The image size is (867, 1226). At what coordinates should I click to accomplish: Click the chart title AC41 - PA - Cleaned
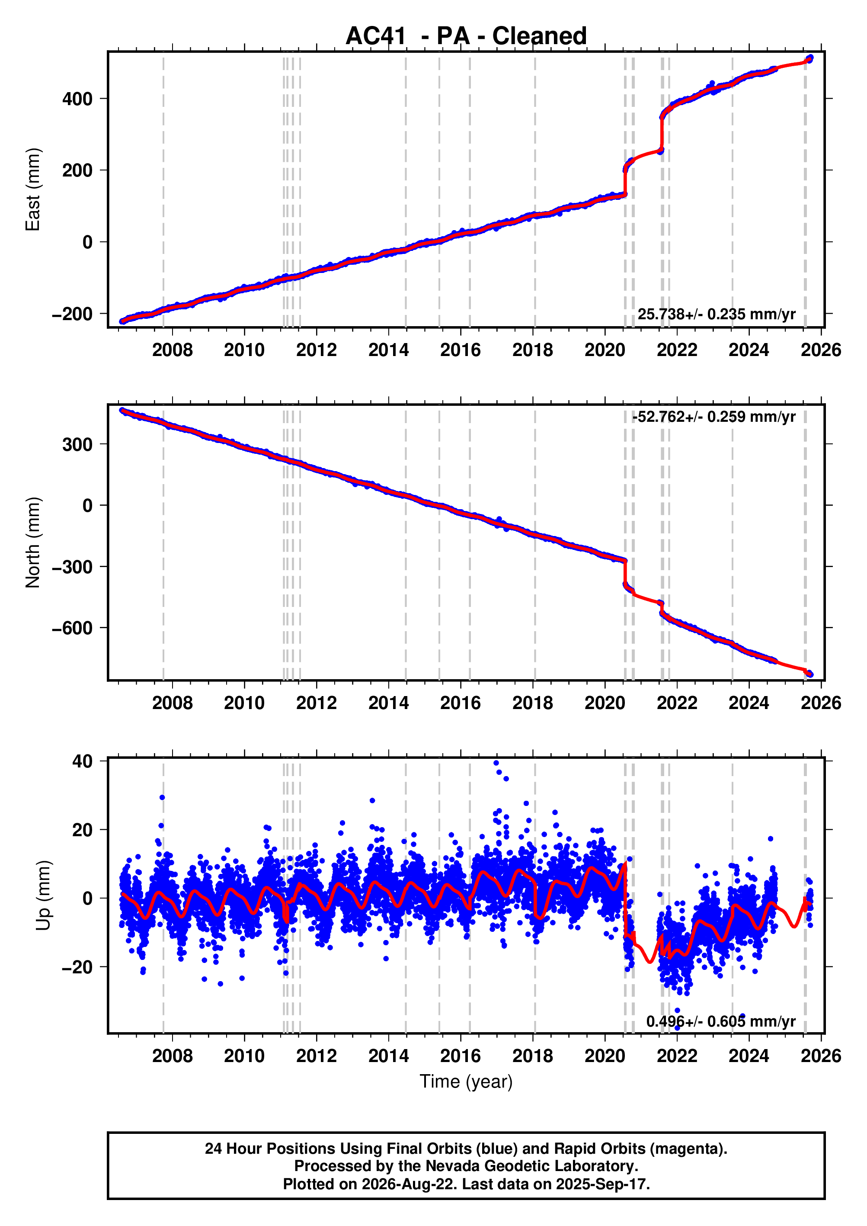[x=466, y=36]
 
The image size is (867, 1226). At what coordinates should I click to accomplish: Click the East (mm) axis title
[x=32, y=189]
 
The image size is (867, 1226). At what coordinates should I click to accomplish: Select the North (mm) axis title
[x=32, y=542]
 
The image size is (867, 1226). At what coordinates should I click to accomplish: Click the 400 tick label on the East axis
[x=77, y=99]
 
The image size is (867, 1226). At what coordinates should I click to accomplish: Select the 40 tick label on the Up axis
[x=83, y=761]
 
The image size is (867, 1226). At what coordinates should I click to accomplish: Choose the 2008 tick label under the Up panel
[x=173, y=1056]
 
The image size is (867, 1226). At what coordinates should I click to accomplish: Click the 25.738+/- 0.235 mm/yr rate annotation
[x=717, y=314]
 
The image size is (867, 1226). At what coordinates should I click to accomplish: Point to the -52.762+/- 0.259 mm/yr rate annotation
[x=714, y=417]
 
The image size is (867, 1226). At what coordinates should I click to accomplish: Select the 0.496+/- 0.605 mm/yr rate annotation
[x=721, y=1021]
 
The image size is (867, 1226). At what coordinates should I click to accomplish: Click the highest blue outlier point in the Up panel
[x=496, y=763]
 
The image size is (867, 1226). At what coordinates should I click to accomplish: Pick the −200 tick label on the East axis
[x=73, y=314]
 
